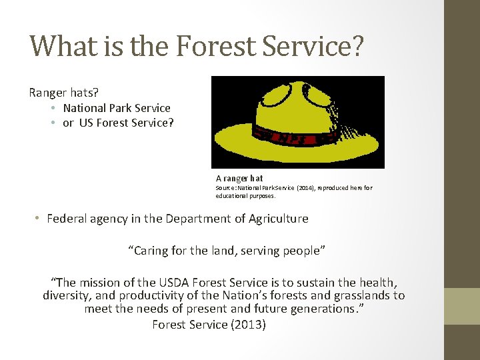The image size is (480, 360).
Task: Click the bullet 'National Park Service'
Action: click(117, 108)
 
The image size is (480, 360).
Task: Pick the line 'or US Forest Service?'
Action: click(118, 123)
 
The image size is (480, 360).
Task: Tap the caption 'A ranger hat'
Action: click(239, 179)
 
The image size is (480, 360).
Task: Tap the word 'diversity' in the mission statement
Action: click(66, 295)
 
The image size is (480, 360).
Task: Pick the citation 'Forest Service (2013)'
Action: click(209, 325)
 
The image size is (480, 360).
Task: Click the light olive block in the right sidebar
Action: click(462, 306)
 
